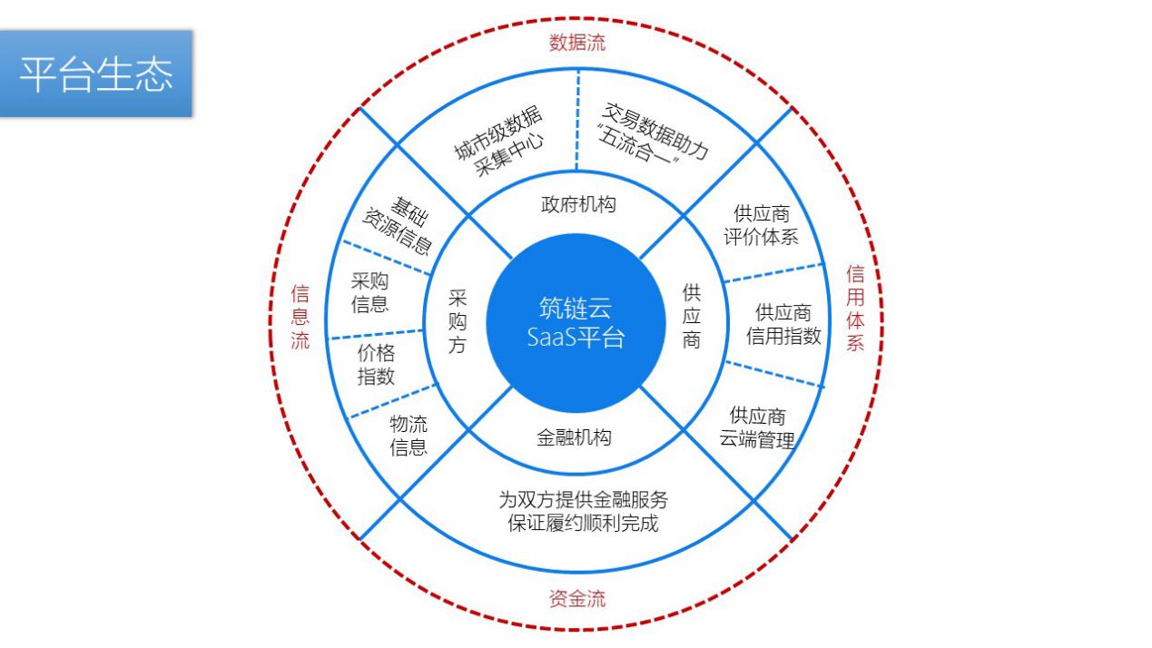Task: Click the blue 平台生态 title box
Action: click(96, 74)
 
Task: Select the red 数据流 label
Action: click(577, 42)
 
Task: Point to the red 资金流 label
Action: click(577, 599)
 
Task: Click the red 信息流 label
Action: click(300, 318)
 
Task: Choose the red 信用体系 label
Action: click(855, 309)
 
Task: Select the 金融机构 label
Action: click(574, 437)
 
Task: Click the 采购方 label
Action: click(457, 322)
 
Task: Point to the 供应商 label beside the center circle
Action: click(692, 317)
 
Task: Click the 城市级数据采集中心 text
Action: click(499, 144)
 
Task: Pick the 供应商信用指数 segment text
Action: click(783, 325)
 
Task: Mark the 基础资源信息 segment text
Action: click(398, 222)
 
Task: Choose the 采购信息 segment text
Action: click(370, 292)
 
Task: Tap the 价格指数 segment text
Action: click(376, 365)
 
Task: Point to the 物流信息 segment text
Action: click(409, 436)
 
